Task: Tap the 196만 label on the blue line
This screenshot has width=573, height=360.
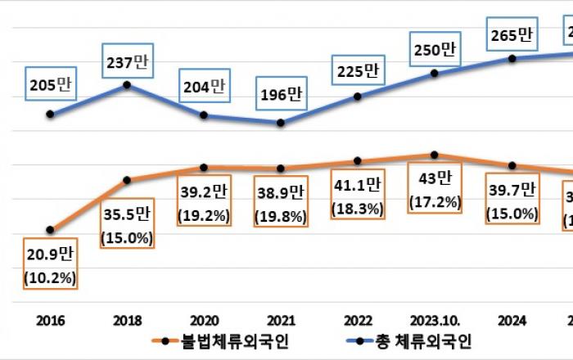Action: coord(281,92)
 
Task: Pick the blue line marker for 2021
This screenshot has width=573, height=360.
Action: coord(281,123)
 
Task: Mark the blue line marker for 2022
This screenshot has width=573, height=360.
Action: coord(358,97)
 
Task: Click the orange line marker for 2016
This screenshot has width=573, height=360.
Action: coord(51,230)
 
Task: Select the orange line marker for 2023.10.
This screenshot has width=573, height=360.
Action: coord(435,155)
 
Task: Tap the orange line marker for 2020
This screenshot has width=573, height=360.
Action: coord(204,168)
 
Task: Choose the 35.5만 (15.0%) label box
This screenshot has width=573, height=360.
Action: coord(126,227)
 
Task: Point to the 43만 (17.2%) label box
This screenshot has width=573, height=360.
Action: coord(435,189)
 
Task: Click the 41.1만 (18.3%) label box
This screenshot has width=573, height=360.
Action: coord(358,197)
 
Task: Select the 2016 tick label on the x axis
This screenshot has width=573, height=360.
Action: coord(51,319)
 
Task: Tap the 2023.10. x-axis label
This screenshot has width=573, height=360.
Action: coord(435,319)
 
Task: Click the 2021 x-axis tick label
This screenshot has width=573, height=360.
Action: coord(281,319)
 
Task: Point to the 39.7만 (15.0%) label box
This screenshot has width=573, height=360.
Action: coord(512,202)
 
